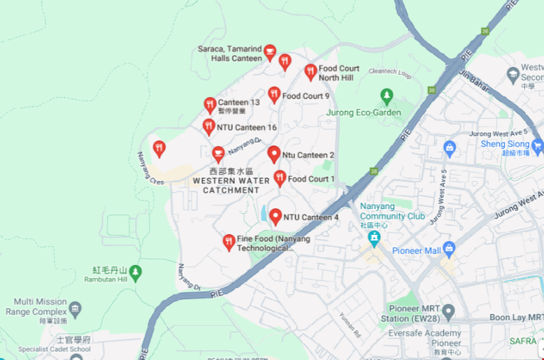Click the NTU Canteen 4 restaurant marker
(275, 217)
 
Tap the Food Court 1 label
(311, 179)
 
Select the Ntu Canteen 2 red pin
(274, 154)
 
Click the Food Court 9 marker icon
(274, 95)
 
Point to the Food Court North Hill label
(339, 73)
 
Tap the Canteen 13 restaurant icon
(210, 105)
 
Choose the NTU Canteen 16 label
(247, 127)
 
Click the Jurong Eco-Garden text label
(364, 113)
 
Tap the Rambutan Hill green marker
(136, 271)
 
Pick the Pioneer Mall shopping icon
(449, 249)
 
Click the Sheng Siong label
(505, 144)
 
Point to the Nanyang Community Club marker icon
(375, 238)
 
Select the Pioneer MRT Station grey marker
(448, 310)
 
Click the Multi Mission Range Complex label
(36, 307)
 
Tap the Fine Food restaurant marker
(229, 242)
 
